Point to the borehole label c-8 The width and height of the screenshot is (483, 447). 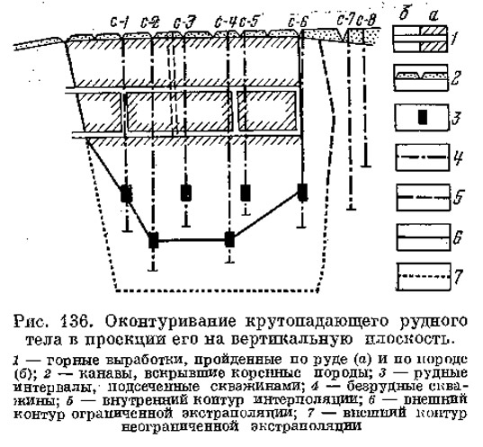tap(367, 21)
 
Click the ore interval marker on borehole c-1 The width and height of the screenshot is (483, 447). tap(126, 193)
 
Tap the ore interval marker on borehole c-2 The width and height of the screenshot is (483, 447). tap(153, 240)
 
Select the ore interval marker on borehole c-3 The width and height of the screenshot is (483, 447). tap(186, 192)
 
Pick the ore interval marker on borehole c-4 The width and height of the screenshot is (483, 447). tap(229, 239)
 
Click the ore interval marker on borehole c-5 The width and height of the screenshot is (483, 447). tap(246, 192)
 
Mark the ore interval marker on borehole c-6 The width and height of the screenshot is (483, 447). tap(302, 192)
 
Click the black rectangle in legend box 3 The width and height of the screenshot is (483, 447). tap(424, 118)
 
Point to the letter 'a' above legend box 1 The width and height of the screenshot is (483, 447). tap(434, 16)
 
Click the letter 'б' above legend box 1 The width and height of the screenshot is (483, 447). tap(404, 14)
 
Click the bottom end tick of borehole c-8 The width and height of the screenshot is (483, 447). tap(366, 166)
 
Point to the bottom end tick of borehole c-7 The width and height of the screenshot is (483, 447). tap(351, 210)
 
